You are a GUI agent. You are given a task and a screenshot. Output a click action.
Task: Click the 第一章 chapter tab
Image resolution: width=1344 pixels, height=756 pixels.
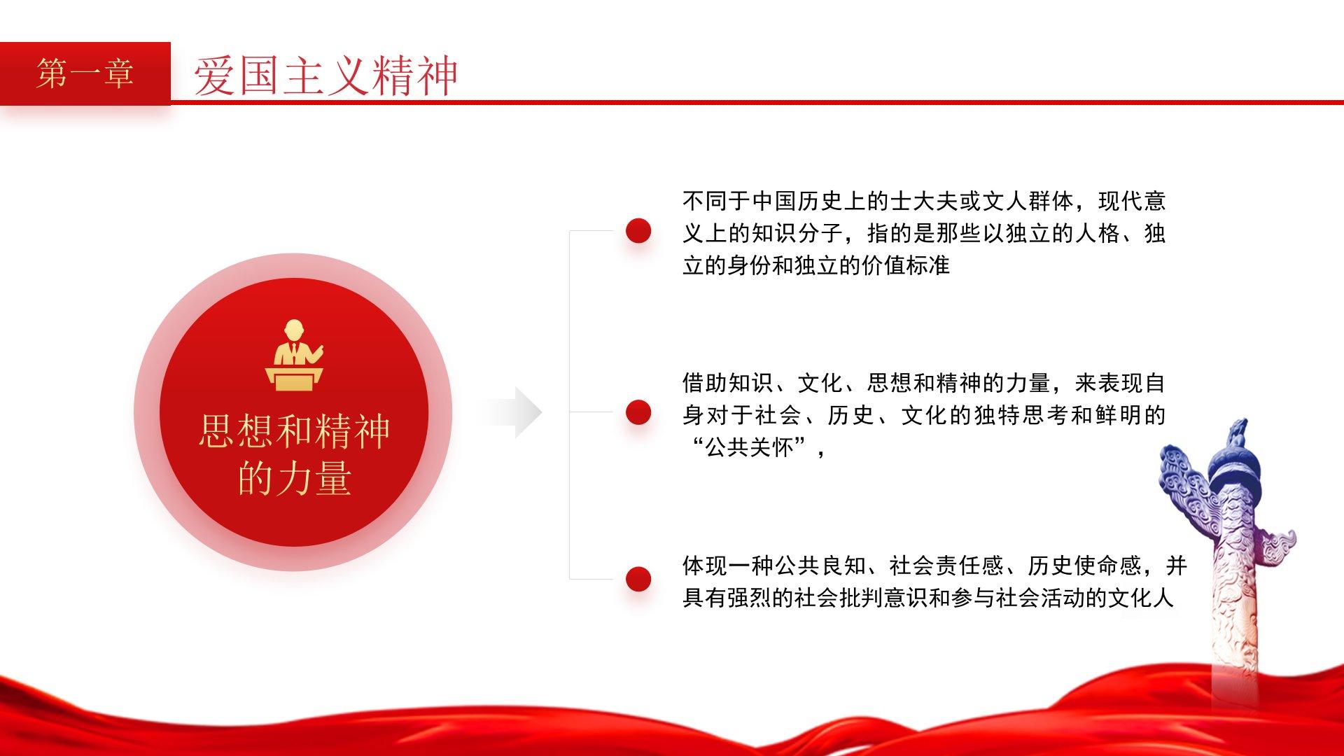(85, 73)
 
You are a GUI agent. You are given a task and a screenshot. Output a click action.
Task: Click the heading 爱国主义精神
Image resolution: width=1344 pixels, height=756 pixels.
(326, 76)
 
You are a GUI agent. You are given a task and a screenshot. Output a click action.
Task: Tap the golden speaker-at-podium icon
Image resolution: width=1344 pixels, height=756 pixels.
(295, 354)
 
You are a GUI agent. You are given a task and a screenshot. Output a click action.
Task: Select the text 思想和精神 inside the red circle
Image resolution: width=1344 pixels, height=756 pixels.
(294, 431)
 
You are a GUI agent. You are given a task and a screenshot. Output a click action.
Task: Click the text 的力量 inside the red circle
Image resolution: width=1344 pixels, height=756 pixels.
(294, 479)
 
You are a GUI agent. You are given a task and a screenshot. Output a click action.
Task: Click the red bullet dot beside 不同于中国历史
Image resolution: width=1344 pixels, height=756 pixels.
(638, 230)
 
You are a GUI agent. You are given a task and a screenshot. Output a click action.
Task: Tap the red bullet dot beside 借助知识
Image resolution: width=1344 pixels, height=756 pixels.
(638, 412)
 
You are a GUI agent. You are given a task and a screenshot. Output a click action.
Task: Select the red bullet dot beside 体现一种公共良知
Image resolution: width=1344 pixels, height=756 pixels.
(638, 579)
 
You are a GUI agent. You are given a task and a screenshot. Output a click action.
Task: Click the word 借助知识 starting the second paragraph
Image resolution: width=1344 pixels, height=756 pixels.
(728, 384)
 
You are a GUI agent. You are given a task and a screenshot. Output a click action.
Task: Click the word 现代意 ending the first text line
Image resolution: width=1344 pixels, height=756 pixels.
(1132, 202)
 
